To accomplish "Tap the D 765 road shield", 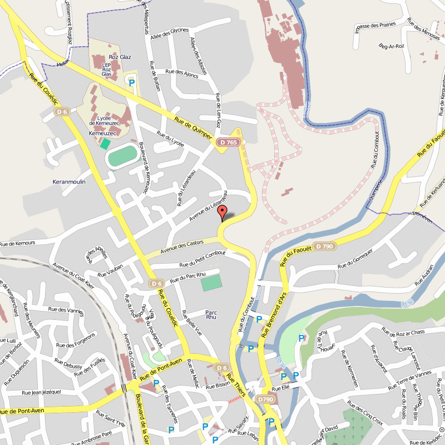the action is [226, 142].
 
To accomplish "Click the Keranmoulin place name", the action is [69, 182].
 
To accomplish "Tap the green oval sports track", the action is [122, 155].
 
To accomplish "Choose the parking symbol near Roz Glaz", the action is [132, 83].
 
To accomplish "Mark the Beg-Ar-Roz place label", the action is [390, 46].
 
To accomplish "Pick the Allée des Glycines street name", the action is [174, 30].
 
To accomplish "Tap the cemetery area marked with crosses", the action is [357, 426].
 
